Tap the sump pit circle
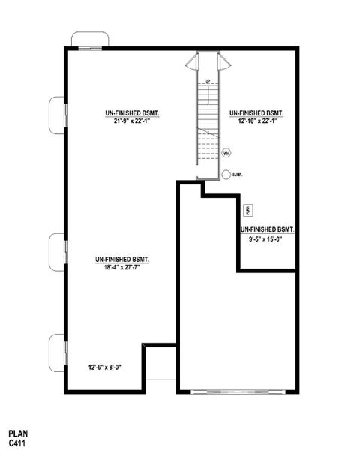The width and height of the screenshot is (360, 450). coord(226,175)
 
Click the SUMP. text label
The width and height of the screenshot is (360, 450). coord(238,175)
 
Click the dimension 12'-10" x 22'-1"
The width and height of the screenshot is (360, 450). coord(258,120)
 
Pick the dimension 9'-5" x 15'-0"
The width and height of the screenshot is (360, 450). coord(266,238)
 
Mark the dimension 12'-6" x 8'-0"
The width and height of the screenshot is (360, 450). coord(104,367)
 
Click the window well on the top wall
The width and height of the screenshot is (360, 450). coord(90,40)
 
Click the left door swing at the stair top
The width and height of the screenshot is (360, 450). coord(193,61)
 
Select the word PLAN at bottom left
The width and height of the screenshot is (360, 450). coord(18,433)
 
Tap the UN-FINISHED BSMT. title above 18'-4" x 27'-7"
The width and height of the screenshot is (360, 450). coord(122,259)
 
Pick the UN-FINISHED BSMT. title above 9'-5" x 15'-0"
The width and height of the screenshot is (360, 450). coord(266,229)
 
